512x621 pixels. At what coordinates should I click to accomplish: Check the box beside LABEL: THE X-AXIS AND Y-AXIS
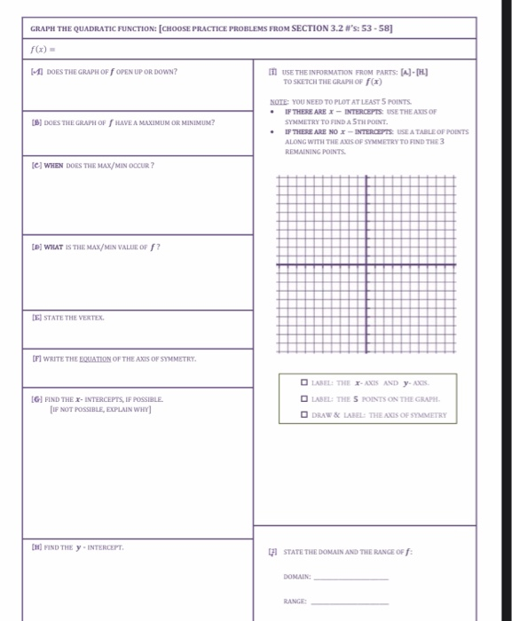pos(304,383)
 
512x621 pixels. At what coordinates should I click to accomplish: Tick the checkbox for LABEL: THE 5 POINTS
pos(304,399)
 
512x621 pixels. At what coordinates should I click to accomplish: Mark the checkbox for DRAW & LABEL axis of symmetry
pos(304,415)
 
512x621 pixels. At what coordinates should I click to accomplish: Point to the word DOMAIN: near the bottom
pos(297,577)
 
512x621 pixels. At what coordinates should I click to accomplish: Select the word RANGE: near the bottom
pos(295,601)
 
